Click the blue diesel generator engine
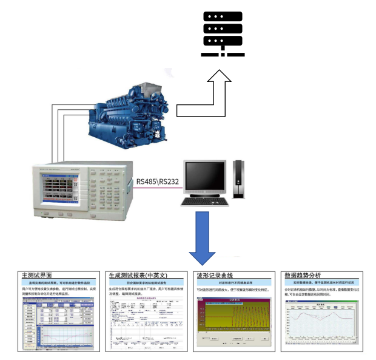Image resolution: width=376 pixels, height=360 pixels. [121, 118]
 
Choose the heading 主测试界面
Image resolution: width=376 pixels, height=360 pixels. [40, 275]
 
